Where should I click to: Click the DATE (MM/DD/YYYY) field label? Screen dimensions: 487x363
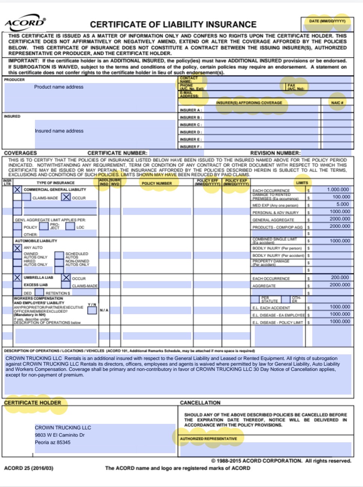point(327,21)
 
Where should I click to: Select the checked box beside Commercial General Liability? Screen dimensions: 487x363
point(18,190)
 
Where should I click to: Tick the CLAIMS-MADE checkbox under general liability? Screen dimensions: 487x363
point(26,197)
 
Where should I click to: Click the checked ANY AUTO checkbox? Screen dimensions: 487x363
point(18,248)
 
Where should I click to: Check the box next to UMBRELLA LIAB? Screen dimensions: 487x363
point(18,278)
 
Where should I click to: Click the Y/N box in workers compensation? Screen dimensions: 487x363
point(92,310)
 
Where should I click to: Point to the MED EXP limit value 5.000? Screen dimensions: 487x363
point(342,204)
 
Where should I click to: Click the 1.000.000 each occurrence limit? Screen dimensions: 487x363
point(338,190)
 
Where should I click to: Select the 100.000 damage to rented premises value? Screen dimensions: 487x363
point(341,197)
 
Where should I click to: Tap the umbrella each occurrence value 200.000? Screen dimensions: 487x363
point(340,278)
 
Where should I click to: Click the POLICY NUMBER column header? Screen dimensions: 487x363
point(157,183)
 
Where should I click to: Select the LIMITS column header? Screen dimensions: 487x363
point(302,183)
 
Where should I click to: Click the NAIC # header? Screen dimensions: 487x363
point(337,103)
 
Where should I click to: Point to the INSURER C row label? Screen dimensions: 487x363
point(191,125)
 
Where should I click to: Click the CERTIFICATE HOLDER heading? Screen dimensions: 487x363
point(32,403)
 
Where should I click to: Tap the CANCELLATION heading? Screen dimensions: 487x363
point(200,403)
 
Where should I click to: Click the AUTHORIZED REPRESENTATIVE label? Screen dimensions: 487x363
point(208,439)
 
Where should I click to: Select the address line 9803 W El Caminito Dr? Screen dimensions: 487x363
point(60,435)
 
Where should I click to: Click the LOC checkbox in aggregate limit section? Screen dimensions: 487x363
point(70,227)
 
